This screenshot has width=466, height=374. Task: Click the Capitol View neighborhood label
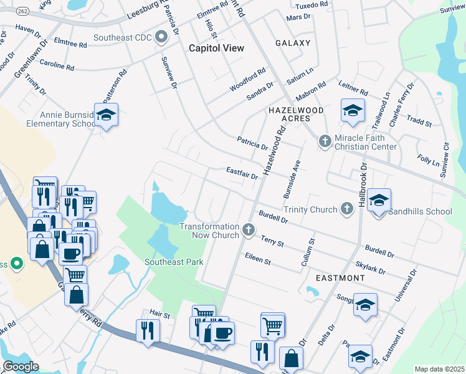point(216,48)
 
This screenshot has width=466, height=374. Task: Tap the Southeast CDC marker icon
point(161,38)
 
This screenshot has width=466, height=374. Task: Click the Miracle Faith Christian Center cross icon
point(324,141)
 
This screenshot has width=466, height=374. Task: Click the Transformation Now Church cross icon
point(249,231)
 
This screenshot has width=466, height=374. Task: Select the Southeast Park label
point(174,262)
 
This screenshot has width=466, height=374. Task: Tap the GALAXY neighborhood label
point(293,43)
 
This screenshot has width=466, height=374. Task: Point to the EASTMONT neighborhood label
point(340,277)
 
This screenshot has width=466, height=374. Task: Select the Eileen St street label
point(257,259)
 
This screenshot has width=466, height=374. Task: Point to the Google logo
point(21,367)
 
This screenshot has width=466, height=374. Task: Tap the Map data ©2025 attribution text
point(439,369)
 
